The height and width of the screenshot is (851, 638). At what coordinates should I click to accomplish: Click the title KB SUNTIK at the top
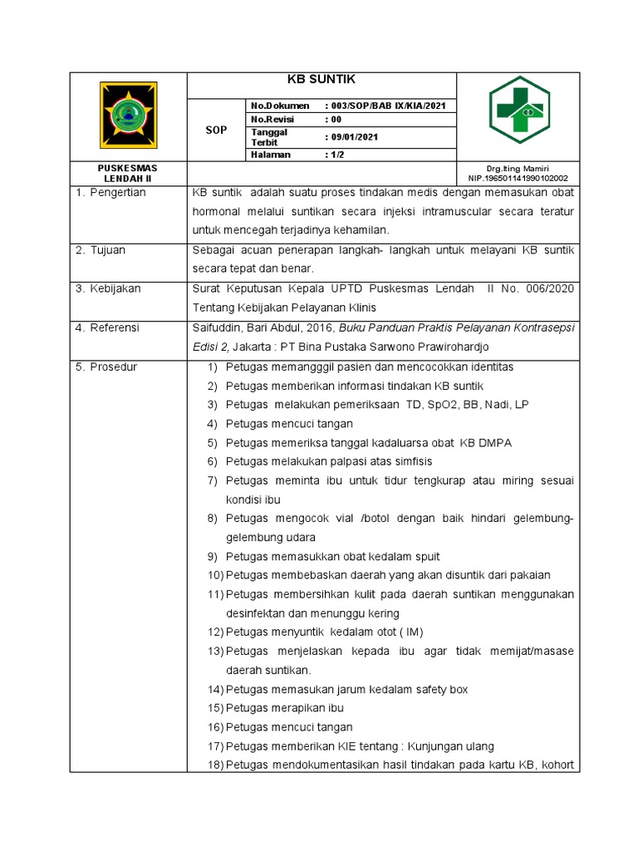point(321,79)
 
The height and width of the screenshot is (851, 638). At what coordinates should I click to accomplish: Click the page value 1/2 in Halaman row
point(336,155)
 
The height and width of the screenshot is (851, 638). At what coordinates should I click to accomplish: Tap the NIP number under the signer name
point(518,178)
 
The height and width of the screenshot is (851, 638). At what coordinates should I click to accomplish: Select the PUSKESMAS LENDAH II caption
point(128,173)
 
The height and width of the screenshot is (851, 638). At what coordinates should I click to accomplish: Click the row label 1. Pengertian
point(110,193)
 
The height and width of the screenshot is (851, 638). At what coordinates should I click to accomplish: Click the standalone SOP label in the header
point(216,130)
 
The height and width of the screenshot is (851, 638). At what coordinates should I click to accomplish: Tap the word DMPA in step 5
point(495,443)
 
